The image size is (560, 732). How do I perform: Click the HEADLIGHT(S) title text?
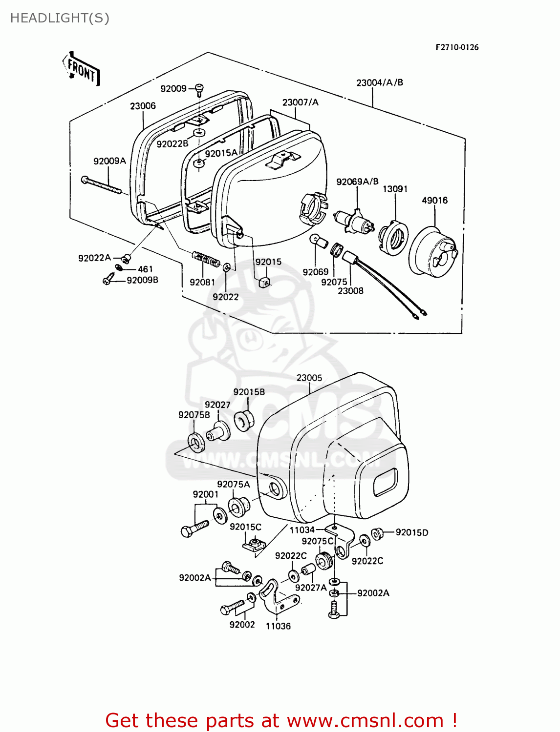[60, 18]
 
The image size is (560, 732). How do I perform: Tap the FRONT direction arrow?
[82, 70]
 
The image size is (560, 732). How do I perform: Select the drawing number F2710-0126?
[457, 47]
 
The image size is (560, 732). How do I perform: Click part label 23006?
[143, 106]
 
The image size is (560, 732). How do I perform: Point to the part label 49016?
[434, 201]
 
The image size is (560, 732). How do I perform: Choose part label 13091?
[395, 189]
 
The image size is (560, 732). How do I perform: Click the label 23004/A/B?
[380, 82]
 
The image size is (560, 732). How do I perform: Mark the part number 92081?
[202, 282]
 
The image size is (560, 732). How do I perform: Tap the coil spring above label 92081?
[206, 258]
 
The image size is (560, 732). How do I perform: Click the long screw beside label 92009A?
[101, 186]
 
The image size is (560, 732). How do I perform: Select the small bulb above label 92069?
[318, 241]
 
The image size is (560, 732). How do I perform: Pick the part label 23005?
[309, 378]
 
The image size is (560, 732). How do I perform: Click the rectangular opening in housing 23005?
[386, 482]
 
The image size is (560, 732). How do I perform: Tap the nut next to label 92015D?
[377, 533]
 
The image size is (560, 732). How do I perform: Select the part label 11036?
[278, 626]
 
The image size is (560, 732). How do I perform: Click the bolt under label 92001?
[194, 529]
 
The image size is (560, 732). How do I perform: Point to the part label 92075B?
[194, 415]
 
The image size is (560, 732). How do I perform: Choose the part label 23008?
[350, 291]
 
